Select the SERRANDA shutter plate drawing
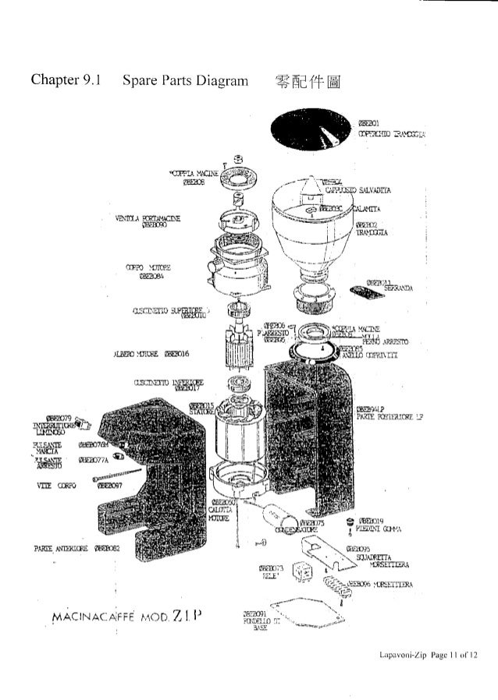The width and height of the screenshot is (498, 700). pos(368,292)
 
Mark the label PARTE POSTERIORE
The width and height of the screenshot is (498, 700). pos(386,415)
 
